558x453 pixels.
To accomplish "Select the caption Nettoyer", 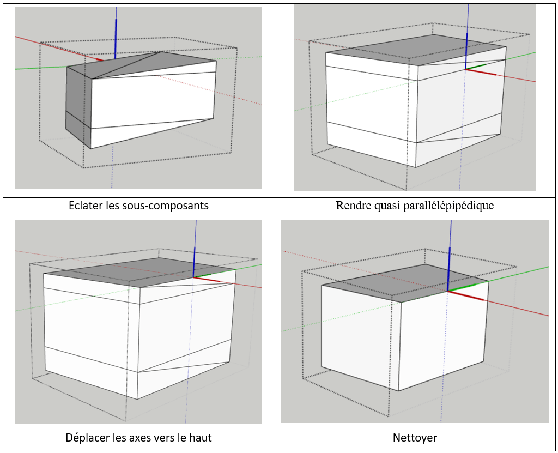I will [415, 438].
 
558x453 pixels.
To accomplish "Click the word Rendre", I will [351, 206].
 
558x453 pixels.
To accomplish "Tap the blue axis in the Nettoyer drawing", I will [450, 267].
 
